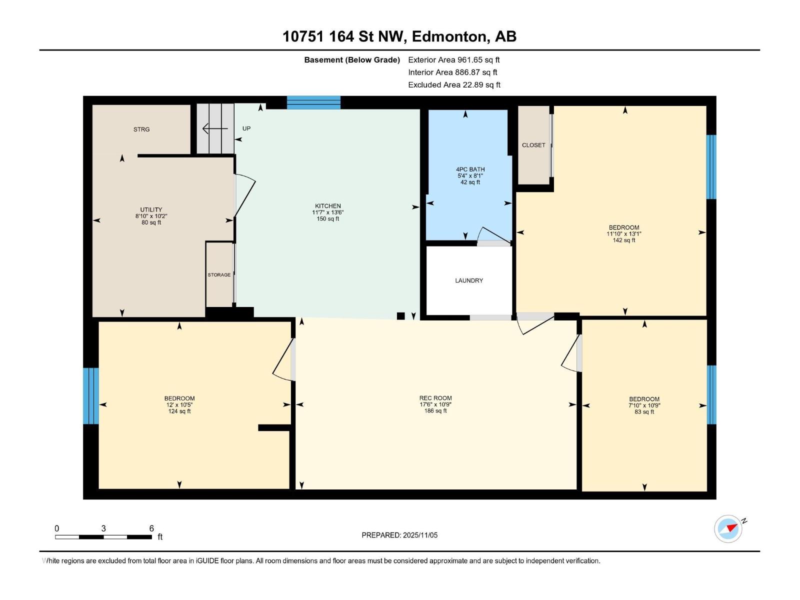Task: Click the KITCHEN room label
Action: (x=328, y=206)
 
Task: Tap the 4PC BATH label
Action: (x=470, y=169)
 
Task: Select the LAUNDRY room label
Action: (x=469, y=280)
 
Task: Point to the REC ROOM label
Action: (x=435, y=398)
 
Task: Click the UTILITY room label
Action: (x=151, y=210)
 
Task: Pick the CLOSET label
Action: (x=533, y=145)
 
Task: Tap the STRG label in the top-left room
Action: (x=141, y=129)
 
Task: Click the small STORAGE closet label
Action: (x=219, y=275)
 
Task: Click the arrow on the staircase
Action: (x=214, y=129)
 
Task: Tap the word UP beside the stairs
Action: (x=246, y=128)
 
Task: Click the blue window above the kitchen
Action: (x=313, y=102)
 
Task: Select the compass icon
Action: (x=728, y=528)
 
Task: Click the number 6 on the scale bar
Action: (x=151, y=528)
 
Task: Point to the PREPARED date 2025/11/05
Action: (x=399, y=535)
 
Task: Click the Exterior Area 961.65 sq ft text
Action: (x=454, y=59)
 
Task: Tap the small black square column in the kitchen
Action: (x=400, y=316)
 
